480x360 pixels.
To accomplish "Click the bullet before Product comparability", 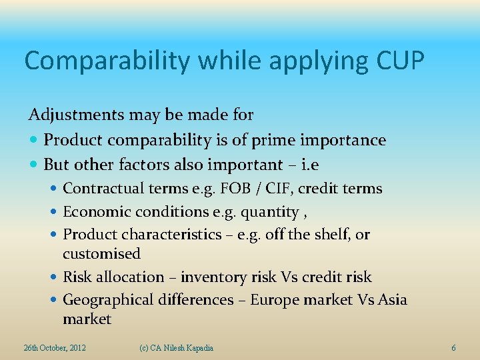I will point(34,141).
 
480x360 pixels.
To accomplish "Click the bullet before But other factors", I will point(34,165).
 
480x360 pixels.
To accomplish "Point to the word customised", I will point(101,254).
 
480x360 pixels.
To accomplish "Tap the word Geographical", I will point(109,300).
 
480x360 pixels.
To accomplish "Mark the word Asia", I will point(392,300).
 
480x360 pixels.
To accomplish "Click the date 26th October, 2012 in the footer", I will point(54,348).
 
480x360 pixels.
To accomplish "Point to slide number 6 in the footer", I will point(453,348).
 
